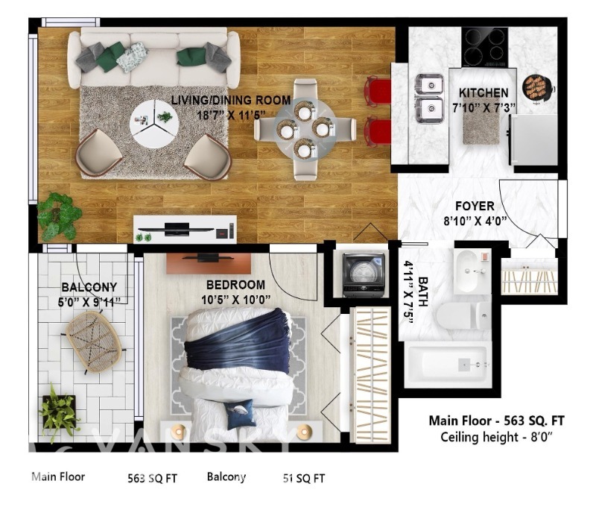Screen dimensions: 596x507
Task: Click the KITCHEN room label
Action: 483,92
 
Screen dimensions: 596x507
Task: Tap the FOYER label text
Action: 475,206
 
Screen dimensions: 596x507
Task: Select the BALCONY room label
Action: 89,287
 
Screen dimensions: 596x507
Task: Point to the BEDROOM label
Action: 235,285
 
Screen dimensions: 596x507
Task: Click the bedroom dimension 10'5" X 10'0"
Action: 235,300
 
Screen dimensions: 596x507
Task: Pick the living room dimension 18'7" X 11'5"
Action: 231,115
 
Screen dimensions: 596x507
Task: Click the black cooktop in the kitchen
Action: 485,47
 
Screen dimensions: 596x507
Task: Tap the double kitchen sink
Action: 430,98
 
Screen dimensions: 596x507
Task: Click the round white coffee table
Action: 154,124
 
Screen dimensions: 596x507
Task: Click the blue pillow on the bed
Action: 238,414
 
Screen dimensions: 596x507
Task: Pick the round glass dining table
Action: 305,129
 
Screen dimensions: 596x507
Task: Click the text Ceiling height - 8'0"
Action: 496,437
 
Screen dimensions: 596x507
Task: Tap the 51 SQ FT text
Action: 304,478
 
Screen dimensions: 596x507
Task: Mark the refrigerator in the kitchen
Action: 533,139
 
